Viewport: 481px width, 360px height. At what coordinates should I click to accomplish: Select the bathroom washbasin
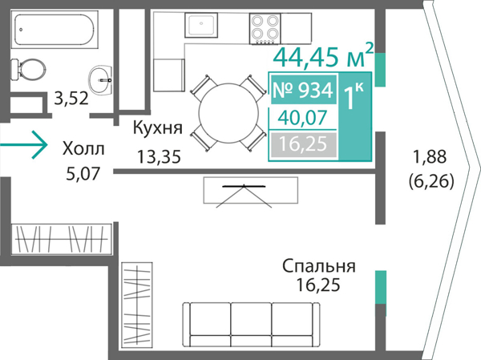[103, 77]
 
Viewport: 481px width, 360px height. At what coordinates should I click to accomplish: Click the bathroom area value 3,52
[70, 99]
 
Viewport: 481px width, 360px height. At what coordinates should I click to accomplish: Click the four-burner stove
[265, 30]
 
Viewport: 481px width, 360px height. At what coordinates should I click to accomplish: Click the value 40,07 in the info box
[302, 118]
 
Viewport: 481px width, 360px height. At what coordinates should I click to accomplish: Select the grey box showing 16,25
[302, 144]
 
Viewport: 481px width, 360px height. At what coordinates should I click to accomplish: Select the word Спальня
[318, 266]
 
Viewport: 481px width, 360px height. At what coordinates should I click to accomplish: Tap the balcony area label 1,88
[430, 156]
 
